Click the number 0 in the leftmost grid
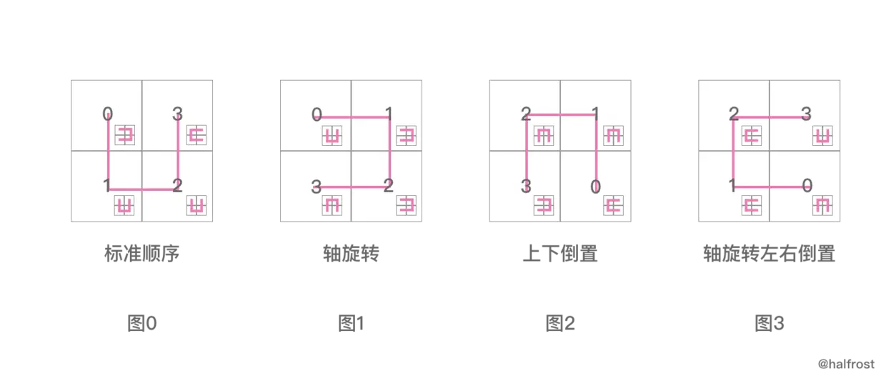107,113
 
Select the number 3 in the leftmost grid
178,113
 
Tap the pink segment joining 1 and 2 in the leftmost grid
142,189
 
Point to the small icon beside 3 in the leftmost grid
196,134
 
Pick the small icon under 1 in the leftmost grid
125,207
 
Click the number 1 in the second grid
388,113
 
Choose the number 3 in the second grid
316,188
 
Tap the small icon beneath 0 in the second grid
331,135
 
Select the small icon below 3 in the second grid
331,207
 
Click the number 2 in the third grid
525,113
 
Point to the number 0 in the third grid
595,187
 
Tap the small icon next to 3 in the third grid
544,207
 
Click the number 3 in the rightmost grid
806,113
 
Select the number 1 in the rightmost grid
732,187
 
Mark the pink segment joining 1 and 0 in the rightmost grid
770,187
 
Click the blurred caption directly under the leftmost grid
143,252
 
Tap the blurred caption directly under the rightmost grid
771,252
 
